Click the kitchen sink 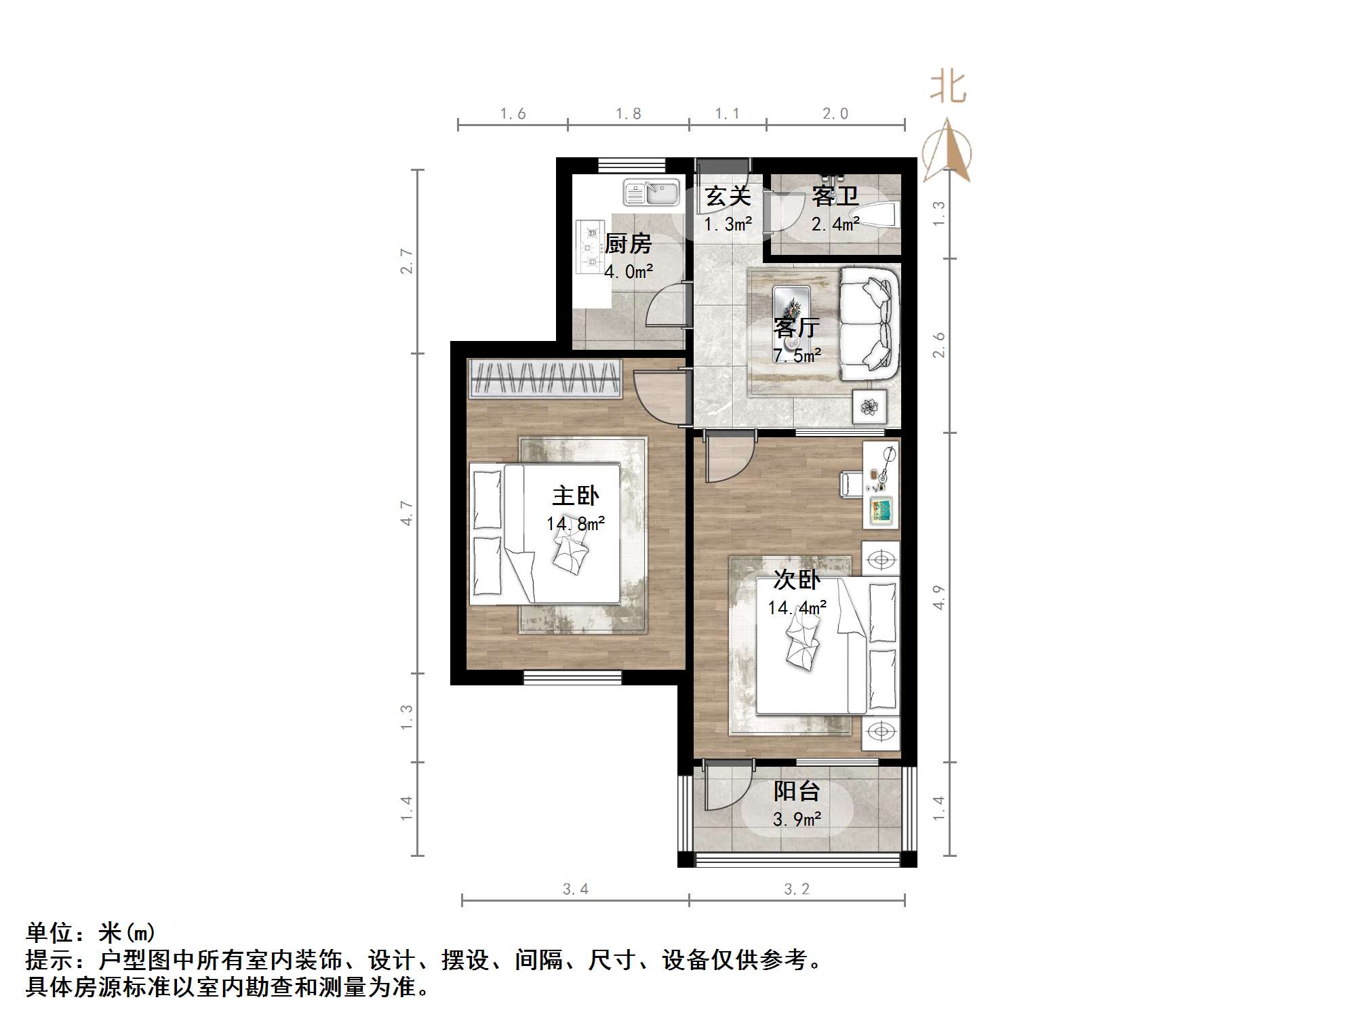[x=651, y=193]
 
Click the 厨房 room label [x=628, y=243]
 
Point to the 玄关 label [x=728, y=197]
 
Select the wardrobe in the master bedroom [x=544, y=378]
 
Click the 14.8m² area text [x=575, y=524]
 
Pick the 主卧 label [x=575, y=496]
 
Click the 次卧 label [x=797, y=580]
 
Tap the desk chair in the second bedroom [x=851, y=484]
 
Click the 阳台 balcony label [x=797, y=791]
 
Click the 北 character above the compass [x=948, y=88]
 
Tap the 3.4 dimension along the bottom [x=575, y=889]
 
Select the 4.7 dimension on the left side [x=406, y=513]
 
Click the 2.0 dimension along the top [x=835, y=114]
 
